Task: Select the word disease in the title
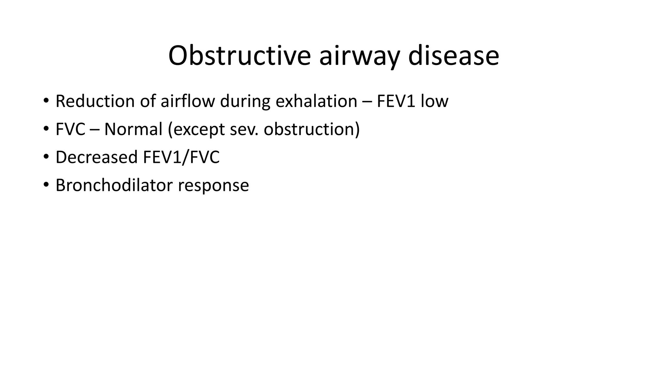click(453, 55)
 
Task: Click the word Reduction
click(95, 101)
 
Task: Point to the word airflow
click(188, 101)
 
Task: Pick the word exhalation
click(316, 101)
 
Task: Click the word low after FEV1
click(434, 101)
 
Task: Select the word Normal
click(133, 129)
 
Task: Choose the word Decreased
click(97, 157)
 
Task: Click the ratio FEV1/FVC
click(181, 157)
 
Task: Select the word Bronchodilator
click(114, 185)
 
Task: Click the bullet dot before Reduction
click(46, 101)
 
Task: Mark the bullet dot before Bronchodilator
click(46, 185)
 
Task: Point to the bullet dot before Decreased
click(46, 157)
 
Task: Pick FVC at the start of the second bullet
click(70, 129)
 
